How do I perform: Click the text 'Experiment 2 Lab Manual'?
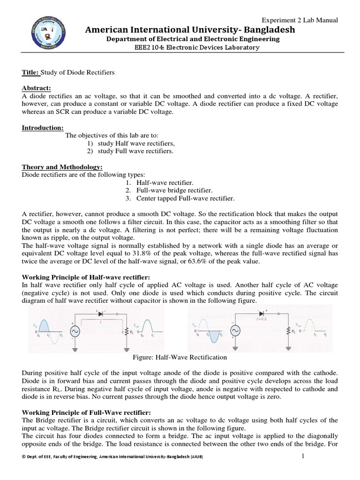300,20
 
